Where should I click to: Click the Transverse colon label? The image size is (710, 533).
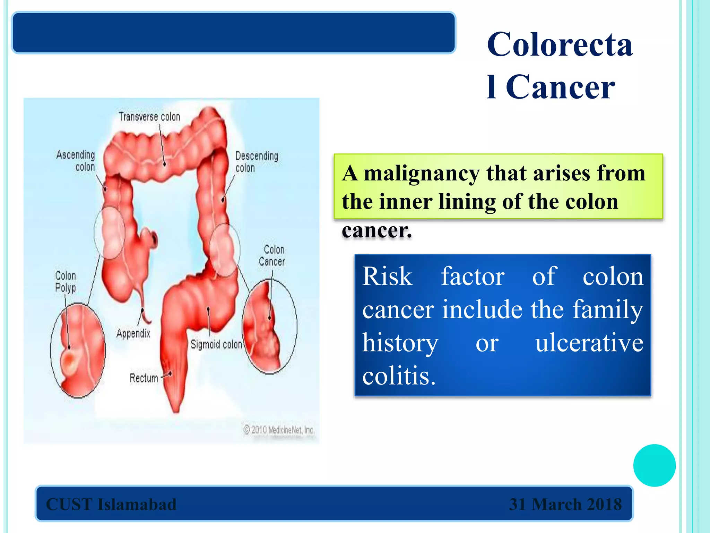click(x=149, y=117)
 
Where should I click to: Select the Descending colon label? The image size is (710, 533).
click(x=256, y=162)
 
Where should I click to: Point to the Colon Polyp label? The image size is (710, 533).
click(x=66, y=282)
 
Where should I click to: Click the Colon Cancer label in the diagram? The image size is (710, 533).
click(x=272, y=256)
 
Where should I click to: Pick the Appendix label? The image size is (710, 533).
click(x=133, y=334)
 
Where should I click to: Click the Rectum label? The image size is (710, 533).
click(x=144, y=378)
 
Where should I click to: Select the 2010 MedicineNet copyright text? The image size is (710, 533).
click(x=279, y=430)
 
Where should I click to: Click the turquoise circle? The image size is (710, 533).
click(x=654, y=465)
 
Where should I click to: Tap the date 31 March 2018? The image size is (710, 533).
click(x=565, y=504)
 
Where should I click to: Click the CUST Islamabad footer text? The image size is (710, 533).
click(x=111, y=504)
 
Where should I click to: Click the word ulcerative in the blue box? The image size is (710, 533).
click(x=589, y=343)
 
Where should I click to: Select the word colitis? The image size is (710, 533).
click(x=399, y=376)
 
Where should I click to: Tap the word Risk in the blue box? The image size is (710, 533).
click(x=387, y=277)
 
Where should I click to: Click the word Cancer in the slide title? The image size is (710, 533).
click(x=560, y=87)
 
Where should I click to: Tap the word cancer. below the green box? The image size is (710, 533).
click(x=376, y=230)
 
